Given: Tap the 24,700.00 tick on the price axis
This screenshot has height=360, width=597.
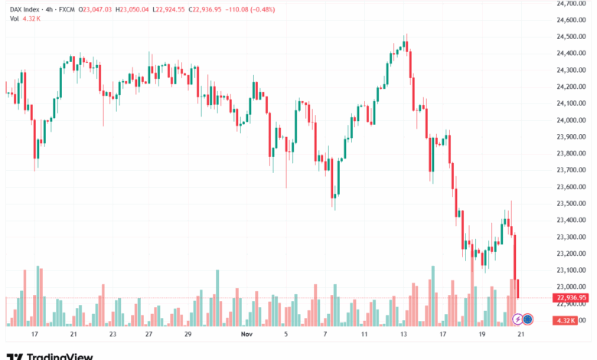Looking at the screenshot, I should click(x=572, y=3).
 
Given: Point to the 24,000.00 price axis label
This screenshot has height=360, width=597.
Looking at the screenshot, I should click(x=572, y=120).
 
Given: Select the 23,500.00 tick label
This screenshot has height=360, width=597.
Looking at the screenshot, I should click(x=572, y=204).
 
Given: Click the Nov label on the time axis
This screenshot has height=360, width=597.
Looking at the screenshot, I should click(x=246, y=335).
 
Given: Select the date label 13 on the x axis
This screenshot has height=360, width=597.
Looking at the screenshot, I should click(x=404, y=335).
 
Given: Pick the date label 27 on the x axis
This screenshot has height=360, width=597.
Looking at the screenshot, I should click(x=149, y=335).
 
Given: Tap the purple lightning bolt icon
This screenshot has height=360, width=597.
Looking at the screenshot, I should click(x=517, y=319).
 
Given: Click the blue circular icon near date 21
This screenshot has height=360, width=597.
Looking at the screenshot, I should click(x=528, y=319).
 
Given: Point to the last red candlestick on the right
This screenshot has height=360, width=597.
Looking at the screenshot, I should click(x=519, y=289).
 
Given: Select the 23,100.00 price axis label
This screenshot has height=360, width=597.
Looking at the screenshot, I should click(x=572, y=270).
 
